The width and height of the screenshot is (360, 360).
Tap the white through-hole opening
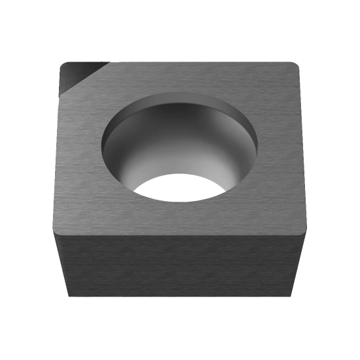(181, 189)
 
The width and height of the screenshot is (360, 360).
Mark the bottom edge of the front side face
(180, 298)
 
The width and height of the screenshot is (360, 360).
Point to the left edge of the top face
(58, 151)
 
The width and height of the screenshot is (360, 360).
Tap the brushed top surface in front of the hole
(180, 216)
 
